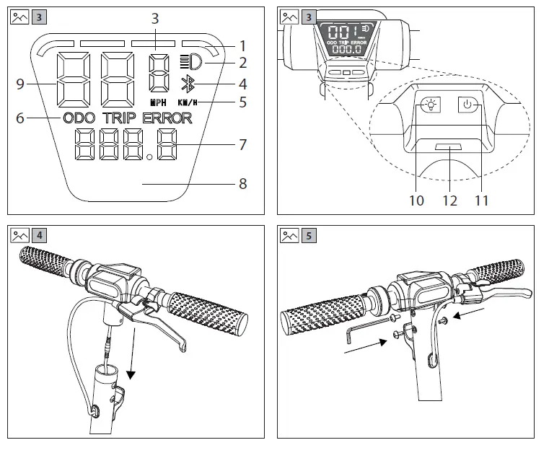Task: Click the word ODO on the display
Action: [80, 118]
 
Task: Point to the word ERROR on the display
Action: [167, 118]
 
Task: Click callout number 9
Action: [19, 84]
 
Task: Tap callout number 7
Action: [242, 144]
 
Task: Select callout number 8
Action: [242, 184]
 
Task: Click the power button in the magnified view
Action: [467, 105]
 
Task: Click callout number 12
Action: [449, 200]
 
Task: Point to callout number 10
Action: [416, 200]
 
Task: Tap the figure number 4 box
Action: [40, 235]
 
